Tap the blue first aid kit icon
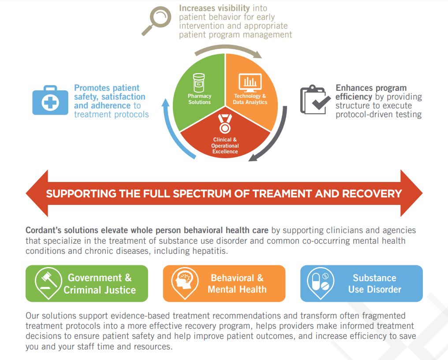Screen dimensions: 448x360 click(50, 100)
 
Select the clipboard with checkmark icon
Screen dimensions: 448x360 click(315, 100)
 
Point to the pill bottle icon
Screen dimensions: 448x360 click(199, 82)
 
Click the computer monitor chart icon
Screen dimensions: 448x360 click(250, 83)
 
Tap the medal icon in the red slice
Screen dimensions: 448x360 click(225, 124)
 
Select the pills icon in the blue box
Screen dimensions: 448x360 click(321, 282)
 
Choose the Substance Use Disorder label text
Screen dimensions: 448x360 click(374, 283)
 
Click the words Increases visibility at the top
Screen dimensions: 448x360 click(214, 8)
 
